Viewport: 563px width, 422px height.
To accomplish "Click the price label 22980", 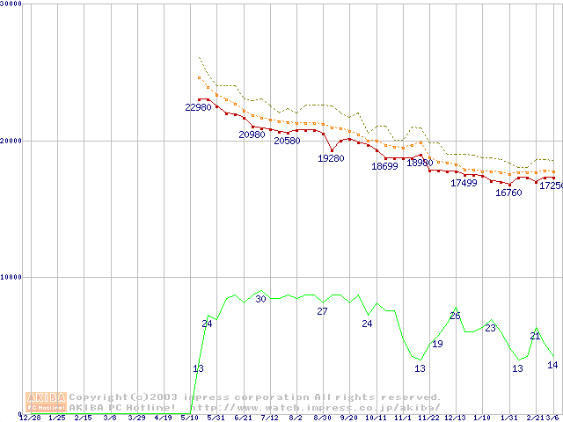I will [x=198, y=107].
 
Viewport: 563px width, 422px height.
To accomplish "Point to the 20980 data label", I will [x=252, y=135].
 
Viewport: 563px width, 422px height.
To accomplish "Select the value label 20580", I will [x=287, y=141].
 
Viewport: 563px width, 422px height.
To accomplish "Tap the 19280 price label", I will [x=331, y=158].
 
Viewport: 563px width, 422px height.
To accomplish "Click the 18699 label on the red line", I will [x=384, y=166].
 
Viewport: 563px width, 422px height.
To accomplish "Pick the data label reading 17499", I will [x=464, y=183].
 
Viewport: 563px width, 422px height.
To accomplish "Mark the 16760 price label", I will [x=508, y=193].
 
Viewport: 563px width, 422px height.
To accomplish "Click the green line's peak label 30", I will [x=260, y=299].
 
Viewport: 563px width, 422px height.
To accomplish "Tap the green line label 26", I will [x=455, y=316].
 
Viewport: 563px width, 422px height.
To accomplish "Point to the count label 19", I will [x=437, y=344].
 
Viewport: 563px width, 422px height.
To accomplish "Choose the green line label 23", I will [x=490, y=328].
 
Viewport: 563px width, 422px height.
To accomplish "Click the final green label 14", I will [x=552, y=365].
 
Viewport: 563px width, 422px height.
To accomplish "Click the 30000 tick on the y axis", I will [x=11, y=4].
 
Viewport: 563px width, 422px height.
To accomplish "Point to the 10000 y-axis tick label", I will [x=11, y=277].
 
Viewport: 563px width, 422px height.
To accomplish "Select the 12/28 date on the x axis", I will [x=30, y=418].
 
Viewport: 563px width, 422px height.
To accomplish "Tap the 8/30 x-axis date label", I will [x=322, y=418].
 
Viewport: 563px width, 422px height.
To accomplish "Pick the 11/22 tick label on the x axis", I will [x=428, y=418].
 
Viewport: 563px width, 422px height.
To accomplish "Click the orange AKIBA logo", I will [x=46, y=401].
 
